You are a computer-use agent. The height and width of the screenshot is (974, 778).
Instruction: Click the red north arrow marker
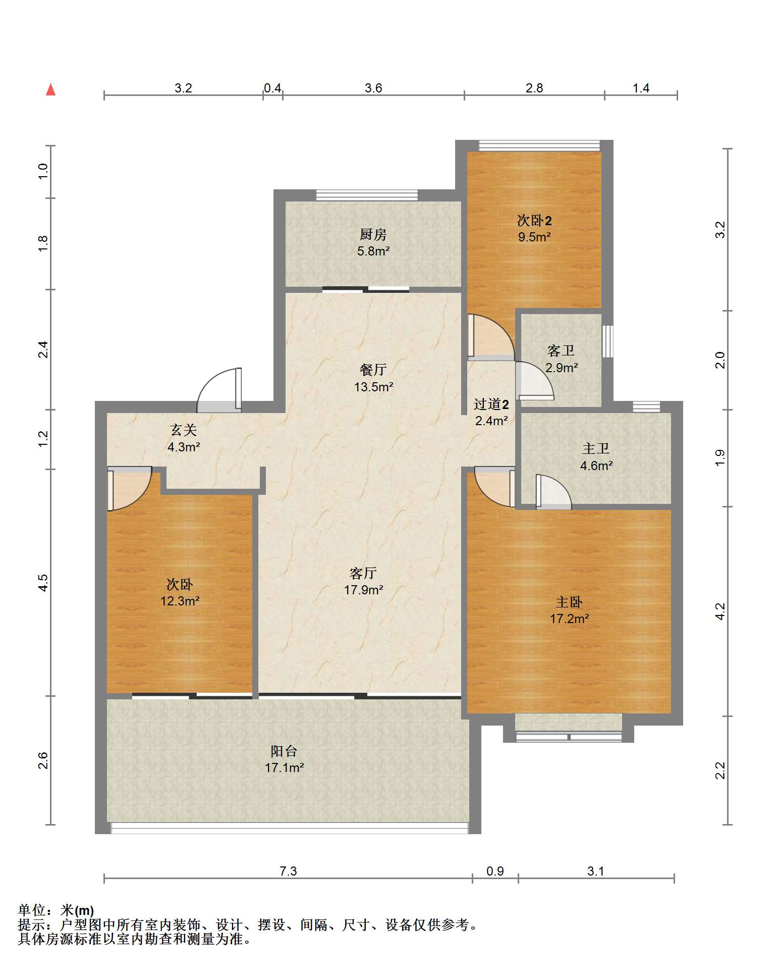pos(50,89)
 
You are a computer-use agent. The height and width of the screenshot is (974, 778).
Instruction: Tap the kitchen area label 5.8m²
pos(373,251)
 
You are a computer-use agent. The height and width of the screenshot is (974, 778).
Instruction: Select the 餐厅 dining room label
pos(373,370)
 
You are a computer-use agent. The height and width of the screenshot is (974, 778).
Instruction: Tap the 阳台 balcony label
pos(284,751)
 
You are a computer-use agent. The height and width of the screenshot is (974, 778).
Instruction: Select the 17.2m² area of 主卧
pos(569,619)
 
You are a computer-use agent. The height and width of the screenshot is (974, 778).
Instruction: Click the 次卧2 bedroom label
pos(534,221)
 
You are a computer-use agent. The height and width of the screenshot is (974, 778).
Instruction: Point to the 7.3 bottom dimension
pos(288,871)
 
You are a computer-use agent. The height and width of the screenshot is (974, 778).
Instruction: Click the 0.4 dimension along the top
pos(272,88)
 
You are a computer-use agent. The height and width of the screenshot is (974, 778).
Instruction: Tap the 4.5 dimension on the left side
pos(43,583)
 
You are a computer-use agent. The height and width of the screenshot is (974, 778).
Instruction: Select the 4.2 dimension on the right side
pos(720,611)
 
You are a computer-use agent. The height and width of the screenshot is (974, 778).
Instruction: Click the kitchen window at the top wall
pos(367,195)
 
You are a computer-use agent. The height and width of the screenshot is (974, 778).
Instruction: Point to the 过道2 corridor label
pos(491,404)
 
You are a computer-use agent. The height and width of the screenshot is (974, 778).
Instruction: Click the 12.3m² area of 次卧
pos(180,601)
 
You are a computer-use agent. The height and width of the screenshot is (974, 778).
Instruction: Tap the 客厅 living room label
pos(363,573)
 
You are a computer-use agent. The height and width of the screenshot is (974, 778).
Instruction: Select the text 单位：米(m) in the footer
pos(56,910)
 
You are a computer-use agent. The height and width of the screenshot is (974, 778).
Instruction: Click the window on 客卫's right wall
pos(607,341)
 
